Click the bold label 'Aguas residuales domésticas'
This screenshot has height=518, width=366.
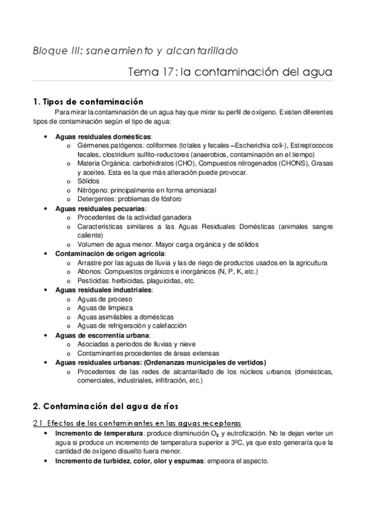103,136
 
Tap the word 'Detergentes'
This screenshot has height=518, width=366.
96,199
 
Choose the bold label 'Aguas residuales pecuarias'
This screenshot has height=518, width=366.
101,208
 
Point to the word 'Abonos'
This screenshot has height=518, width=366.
89,271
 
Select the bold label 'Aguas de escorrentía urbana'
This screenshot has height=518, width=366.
102,335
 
